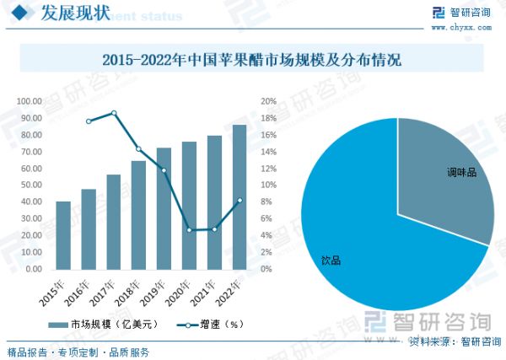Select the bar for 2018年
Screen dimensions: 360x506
click(x=138, y=215)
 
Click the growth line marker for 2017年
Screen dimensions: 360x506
click(x=114, y=113)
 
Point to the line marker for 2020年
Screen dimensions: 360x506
click(x=189, y=229)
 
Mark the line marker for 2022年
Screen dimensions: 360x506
click(x=240, y=200)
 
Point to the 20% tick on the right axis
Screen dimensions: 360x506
click(x=268, y=101)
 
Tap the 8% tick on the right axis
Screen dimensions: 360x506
click(x=266, y=202)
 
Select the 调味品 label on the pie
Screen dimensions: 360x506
click(x=461, y=172)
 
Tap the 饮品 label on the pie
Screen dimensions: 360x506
click(x=331, y=261)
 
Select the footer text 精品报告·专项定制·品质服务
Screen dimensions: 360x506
click(x=78, y=351)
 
